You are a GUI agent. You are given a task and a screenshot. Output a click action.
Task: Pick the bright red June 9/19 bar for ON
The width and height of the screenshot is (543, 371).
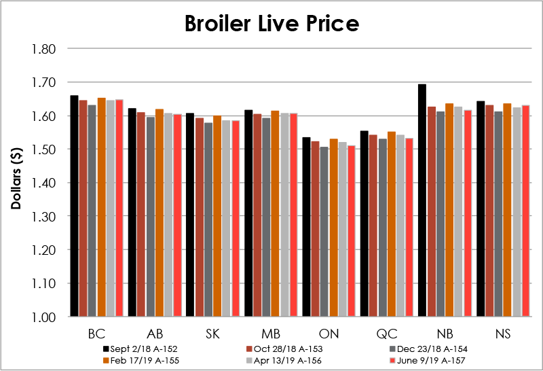pyautogui.click(x=352, y=231)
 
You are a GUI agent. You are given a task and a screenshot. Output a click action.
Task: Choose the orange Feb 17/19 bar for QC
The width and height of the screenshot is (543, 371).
pyautogui.click(x=391, y=224)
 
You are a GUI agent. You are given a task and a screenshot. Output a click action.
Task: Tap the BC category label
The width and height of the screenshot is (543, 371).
pyautogui.click(x=96, y=334)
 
